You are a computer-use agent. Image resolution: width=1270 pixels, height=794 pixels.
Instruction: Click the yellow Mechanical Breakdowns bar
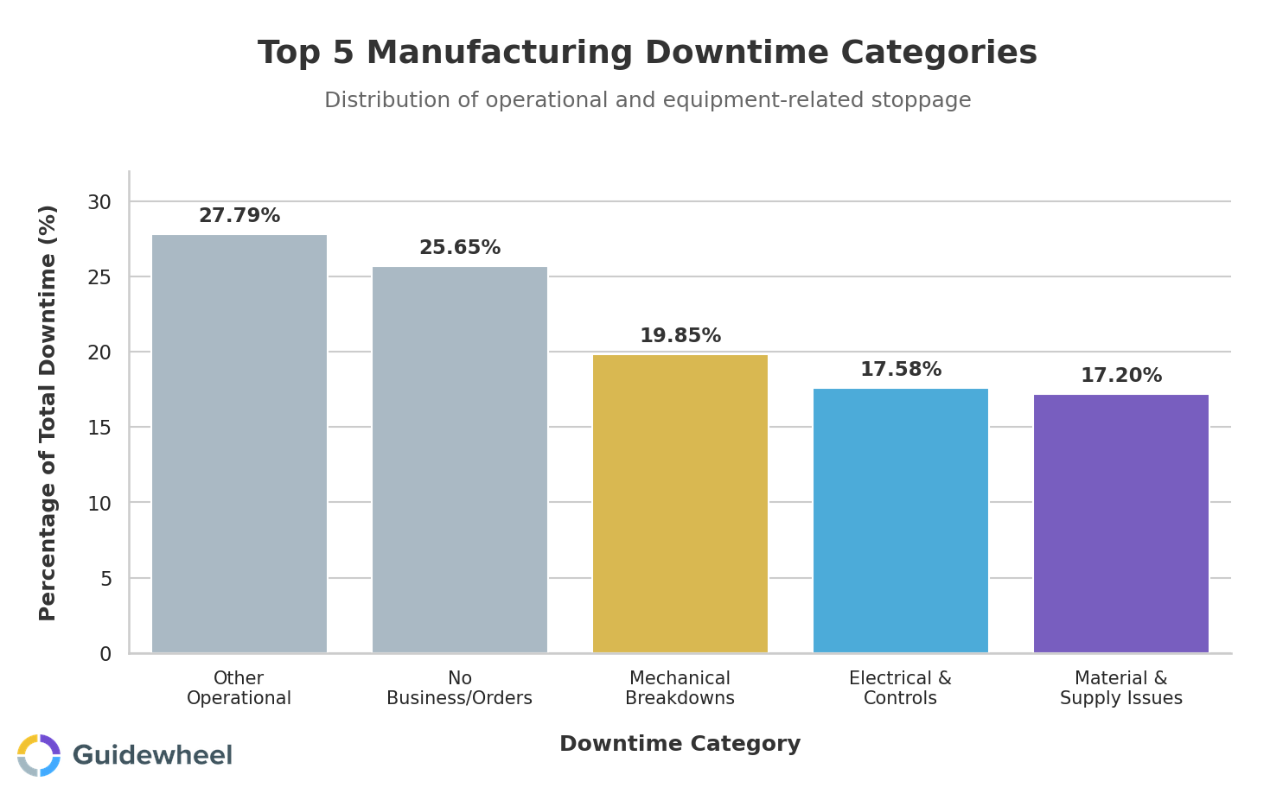[680, 504]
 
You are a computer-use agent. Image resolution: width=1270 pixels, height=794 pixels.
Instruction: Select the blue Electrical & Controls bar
[900, 520]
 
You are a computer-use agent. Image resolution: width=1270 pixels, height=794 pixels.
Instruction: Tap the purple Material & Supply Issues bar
[1120, 524]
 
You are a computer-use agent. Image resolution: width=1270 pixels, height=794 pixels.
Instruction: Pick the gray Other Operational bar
[239, 443]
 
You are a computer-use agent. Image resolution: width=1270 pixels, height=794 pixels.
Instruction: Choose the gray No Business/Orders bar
[460, 460]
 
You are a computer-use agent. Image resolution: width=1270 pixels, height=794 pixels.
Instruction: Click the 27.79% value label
[239, 216]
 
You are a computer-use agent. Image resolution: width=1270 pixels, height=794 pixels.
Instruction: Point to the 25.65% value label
[460, 248]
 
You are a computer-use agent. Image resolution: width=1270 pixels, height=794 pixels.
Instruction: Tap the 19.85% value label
[680, 336]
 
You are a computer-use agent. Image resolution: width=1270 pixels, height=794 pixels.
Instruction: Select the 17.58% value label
[900, 370]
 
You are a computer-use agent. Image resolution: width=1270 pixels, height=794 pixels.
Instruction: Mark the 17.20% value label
[1120, 376]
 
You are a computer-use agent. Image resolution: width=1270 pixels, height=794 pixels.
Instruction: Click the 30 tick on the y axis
[99, 202]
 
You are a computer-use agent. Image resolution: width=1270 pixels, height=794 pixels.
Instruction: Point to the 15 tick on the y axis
[99, 428]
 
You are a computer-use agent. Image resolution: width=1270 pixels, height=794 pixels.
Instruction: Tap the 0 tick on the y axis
[105, 654]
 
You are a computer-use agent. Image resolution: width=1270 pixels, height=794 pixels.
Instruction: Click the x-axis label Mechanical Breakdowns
[680, 689]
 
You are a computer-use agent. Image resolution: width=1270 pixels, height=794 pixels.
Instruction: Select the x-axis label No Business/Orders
[460, 689]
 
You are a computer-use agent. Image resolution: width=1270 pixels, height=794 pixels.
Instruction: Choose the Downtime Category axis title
[680, 744]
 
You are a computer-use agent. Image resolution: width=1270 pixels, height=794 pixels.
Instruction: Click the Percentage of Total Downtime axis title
[48, 412]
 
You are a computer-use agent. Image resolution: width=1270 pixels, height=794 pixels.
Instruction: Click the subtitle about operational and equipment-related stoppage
[648, 100]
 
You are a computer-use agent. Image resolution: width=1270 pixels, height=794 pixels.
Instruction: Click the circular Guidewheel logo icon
[39, 755]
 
